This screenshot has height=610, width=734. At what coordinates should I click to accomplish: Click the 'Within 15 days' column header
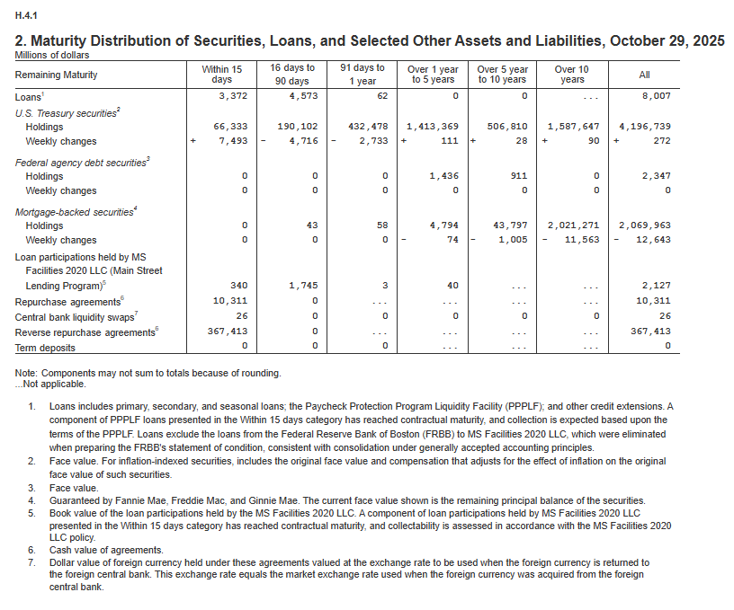point(222,75)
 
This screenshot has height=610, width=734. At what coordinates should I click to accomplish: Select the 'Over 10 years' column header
point(571,75)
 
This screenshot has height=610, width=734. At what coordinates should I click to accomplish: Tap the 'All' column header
point(644,75)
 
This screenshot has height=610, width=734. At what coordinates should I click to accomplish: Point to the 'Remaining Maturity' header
point(56,75)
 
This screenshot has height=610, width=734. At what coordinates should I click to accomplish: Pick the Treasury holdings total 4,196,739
point(644,128)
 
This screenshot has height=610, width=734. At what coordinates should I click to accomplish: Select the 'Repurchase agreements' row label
point(67,301)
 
